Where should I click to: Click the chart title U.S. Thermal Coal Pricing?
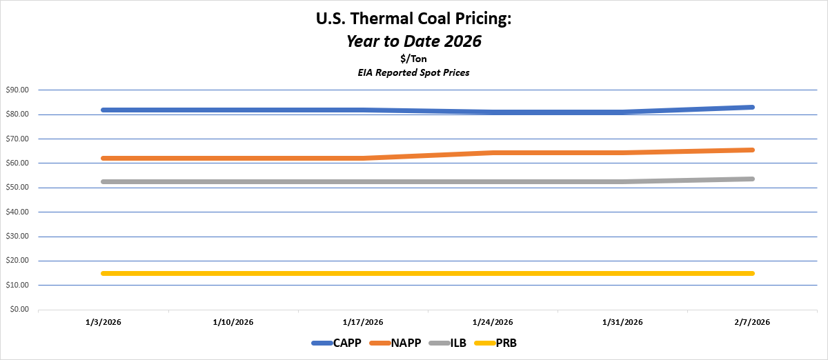[414, 19]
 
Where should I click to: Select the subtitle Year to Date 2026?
[414, 41]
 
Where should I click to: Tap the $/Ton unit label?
[414, 59]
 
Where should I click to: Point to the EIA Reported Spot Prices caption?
[414, 72]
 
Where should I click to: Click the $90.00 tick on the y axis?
[17, 90]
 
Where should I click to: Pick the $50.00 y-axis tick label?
[17, 188]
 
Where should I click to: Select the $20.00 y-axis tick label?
[17, 261]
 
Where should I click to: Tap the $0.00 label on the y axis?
[19, 310]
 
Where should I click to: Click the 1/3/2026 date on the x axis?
[103, 322]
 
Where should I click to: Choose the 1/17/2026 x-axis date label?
[363, 322]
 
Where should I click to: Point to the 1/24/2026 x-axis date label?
[493, 322]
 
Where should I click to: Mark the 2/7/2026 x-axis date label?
[752, 322]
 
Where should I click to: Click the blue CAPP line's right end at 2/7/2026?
[751, 107]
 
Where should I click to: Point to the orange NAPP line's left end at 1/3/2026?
[103, 158]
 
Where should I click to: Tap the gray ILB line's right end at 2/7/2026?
[751, 179]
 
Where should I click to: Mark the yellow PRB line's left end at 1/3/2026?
[103, 273]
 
